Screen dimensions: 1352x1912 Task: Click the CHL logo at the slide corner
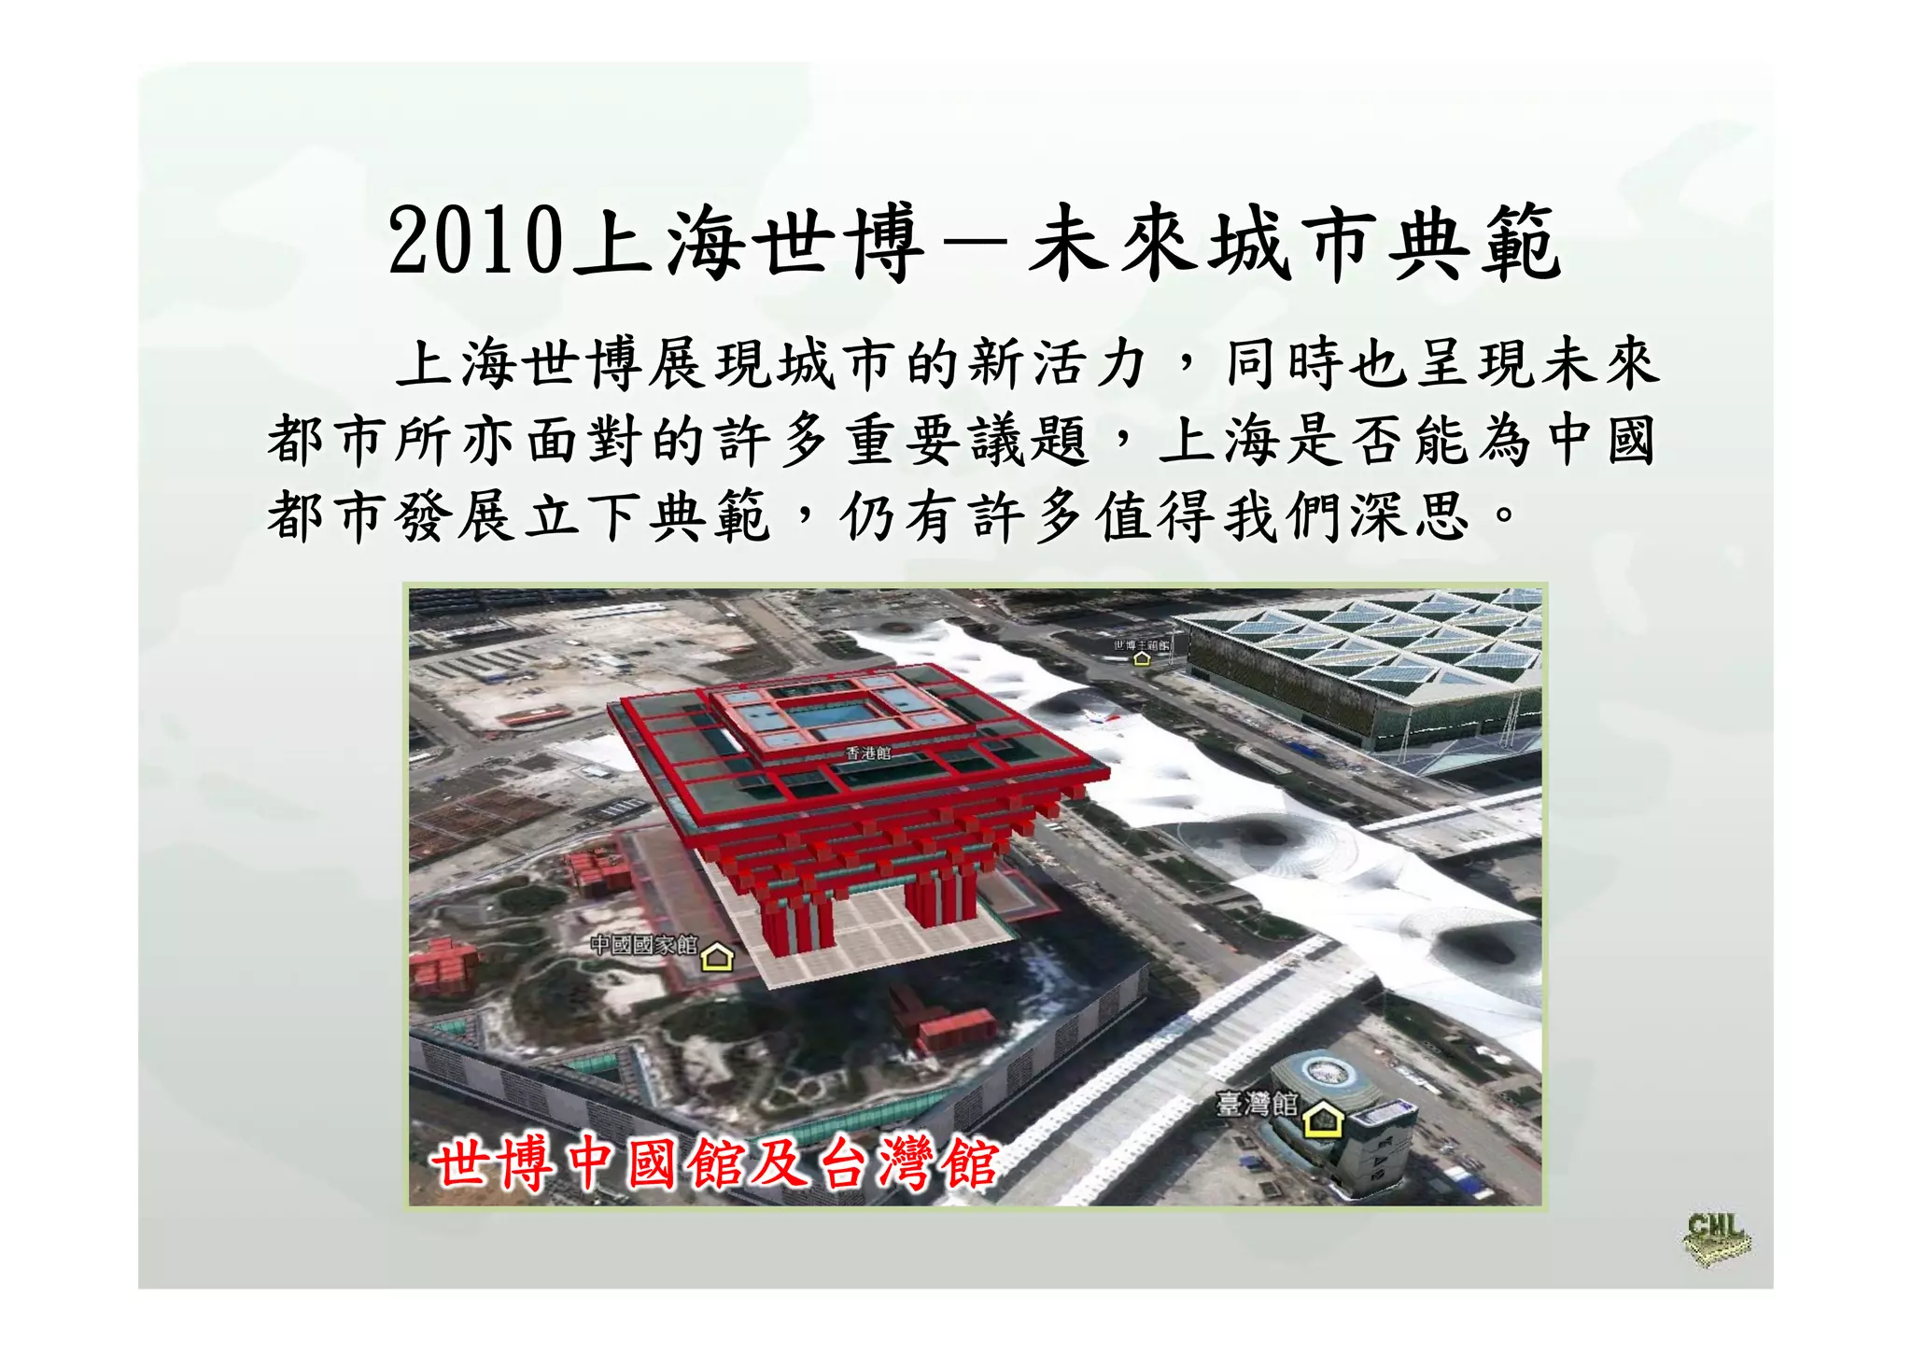point(1716,1238)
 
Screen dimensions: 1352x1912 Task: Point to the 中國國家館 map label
point(643,945)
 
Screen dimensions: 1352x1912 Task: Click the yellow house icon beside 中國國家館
point(717,956)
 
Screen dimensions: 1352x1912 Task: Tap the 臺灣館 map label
point(1256,1104)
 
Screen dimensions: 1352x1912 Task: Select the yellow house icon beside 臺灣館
point(1322,1118)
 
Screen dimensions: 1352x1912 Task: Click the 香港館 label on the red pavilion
point(868,753)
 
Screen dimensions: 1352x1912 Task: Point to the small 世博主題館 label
point(1140,644)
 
